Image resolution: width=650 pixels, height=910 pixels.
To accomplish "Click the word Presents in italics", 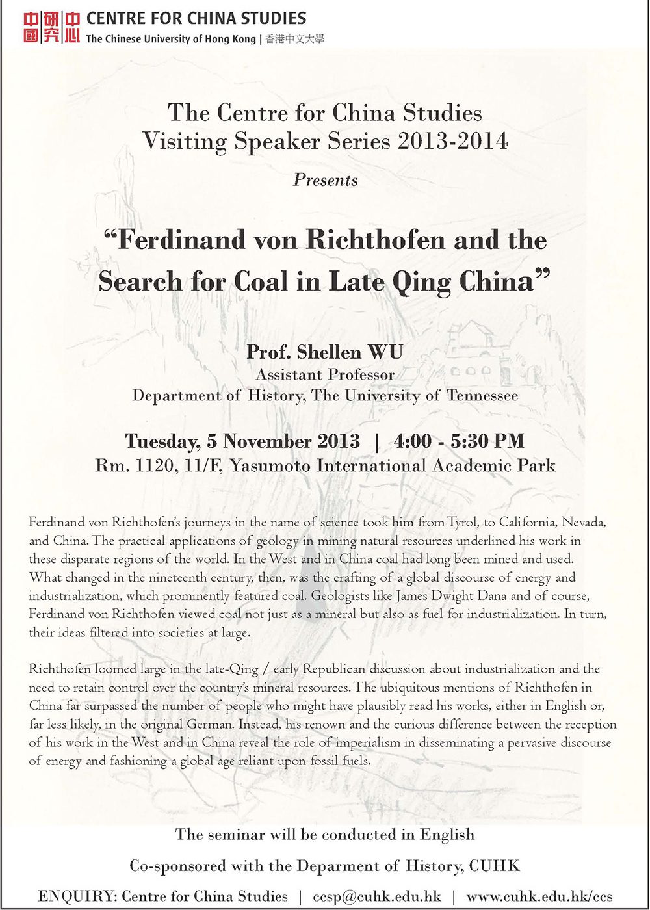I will coord(325,180).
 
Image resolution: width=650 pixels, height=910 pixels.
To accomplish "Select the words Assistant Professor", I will coord(325,374).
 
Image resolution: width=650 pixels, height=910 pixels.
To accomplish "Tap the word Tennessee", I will coord(482,395).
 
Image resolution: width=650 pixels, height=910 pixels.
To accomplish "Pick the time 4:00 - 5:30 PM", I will coord(459,441).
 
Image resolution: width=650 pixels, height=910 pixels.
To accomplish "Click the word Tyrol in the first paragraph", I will coord(458,522).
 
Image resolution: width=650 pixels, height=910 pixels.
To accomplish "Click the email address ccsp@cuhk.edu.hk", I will coord(377,896).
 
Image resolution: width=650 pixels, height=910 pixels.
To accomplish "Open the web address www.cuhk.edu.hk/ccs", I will coord(539,896).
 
